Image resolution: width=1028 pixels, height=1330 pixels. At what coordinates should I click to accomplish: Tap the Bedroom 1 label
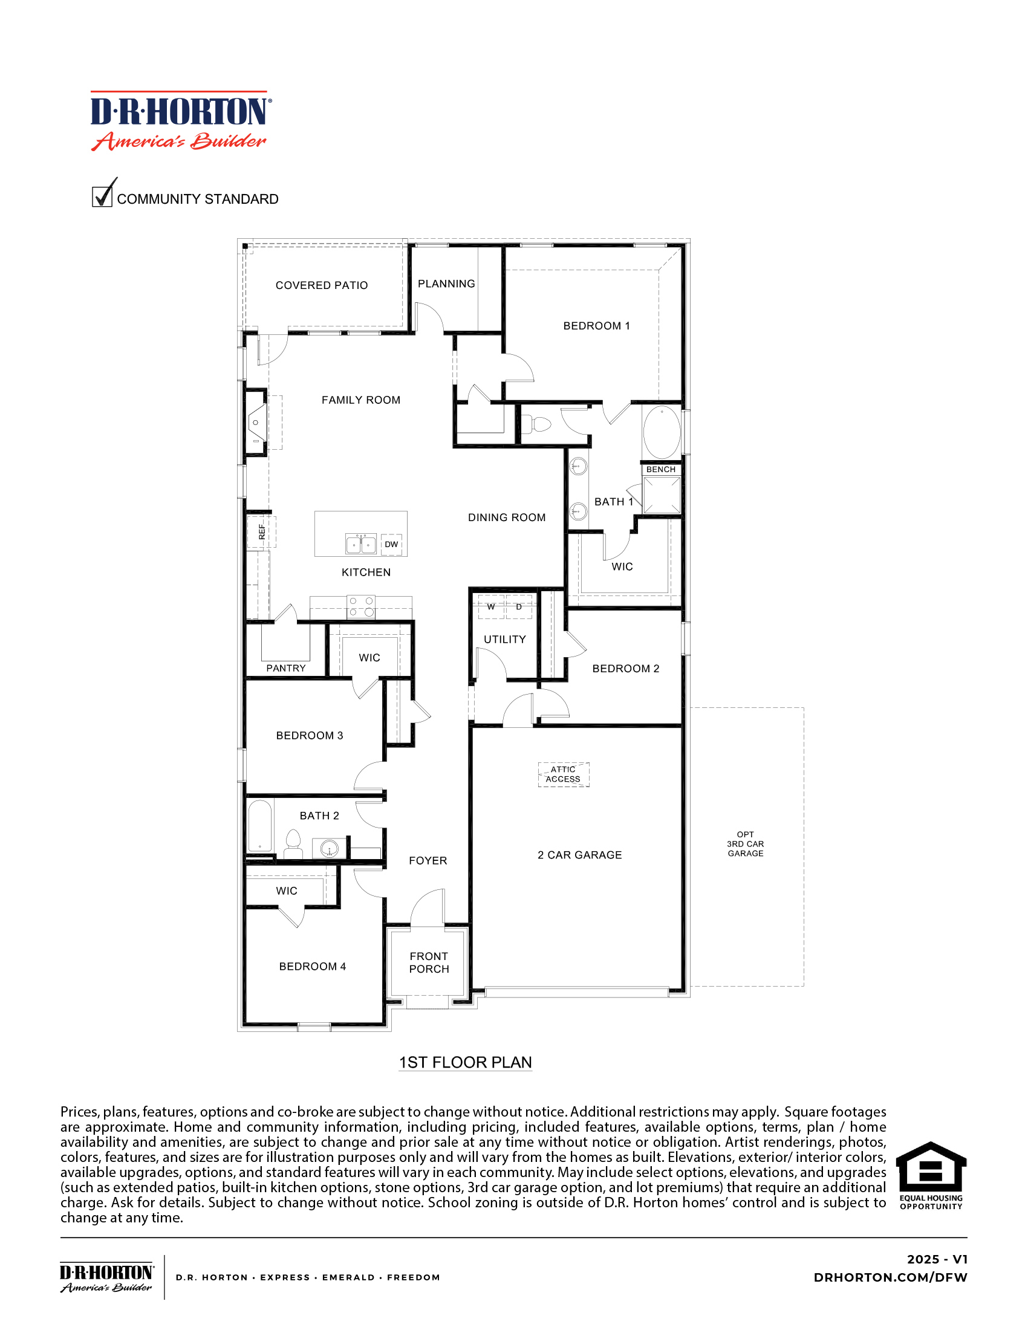(x=596, y=326)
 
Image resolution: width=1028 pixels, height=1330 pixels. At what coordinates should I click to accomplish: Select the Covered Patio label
(x=322, y=285)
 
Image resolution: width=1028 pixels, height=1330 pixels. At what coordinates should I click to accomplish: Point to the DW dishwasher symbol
(x=392, y=544)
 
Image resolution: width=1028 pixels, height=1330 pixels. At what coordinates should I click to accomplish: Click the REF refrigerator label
(x=262, y=531)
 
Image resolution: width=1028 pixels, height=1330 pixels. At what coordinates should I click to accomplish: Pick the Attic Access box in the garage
(x=564, y=774)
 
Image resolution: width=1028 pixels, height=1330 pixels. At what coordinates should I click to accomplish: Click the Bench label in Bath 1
(x=661, y=470)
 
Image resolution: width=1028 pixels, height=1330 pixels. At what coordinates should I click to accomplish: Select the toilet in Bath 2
(x=293, y=843)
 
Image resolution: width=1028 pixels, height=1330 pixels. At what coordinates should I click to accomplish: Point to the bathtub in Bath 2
(x=260, y=826)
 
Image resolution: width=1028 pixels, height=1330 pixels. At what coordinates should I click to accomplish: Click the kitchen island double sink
(x=361, y=544)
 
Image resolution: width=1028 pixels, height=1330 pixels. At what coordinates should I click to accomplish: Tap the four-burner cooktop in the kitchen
(x=361, y=606)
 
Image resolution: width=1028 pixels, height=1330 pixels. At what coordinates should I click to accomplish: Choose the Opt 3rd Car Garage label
(x=746, y=843)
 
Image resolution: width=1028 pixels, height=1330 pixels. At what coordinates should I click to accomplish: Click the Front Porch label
(x=429, y=962)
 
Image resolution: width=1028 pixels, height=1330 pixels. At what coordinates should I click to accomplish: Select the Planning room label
(x=446, y=284)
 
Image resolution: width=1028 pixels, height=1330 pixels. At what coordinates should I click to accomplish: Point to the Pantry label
(x=285, y=668)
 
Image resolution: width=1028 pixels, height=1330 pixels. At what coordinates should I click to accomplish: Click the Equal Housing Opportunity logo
(x=931, y=1175)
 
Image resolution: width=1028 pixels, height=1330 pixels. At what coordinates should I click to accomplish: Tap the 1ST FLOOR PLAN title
(x=465, y=1062)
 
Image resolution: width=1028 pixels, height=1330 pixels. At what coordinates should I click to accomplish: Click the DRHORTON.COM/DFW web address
(x=890, y=1277)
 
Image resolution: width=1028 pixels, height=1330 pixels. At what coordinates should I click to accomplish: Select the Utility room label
(x=505, y=640)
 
